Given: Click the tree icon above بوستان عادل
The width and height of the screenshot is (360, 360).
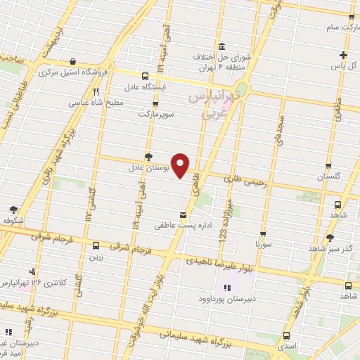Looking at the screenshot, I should [148, 157].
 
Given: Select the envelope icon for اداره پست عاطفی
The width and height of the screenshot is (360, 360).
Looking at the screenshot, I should [184, 214].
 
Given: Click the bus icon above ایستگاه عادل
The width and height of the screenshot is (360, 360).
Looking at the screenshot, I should [146, 76].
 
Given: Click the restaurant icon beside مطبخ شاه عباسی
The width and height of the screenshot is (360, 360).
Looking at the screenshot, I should [96, 91].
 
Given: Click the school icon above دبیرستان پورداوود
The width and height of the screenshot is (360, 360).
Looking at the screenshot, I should [226, 288].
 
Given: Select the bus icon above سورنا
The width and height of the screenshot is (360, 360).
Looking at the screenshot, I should [262, 234].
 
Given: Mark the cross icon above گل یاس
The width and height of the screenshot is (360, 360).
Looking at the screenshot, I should [343, 56].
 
